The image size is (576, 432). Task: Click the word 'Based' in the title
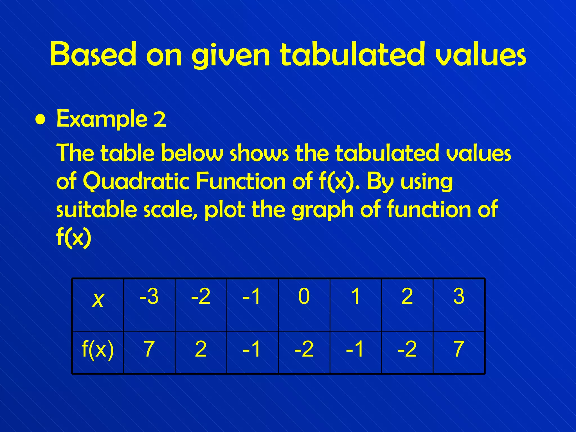click(x=93, y=54)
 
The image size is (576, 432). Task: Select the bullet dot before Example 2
click(x=41, y=120)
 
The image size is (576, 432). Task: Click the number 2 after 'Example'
click(x=160, y=119)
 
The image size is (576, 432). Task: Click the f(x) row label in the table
click(x=98, y=349)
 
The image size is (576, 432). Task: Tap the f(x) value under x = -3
click(x=149, y=349)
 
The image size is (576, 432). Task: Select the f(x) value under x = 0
click(x=304, y=349)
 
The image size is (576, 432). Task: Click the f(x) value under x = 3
click(x=459, y=349)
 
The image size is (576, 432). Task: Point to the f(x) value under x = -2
click(x=201, y=349)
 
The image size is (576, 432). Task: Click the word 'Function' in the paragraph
click(x=241, y=181)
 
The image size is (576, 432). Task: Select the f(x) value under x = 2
click(x=407, y=349)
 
